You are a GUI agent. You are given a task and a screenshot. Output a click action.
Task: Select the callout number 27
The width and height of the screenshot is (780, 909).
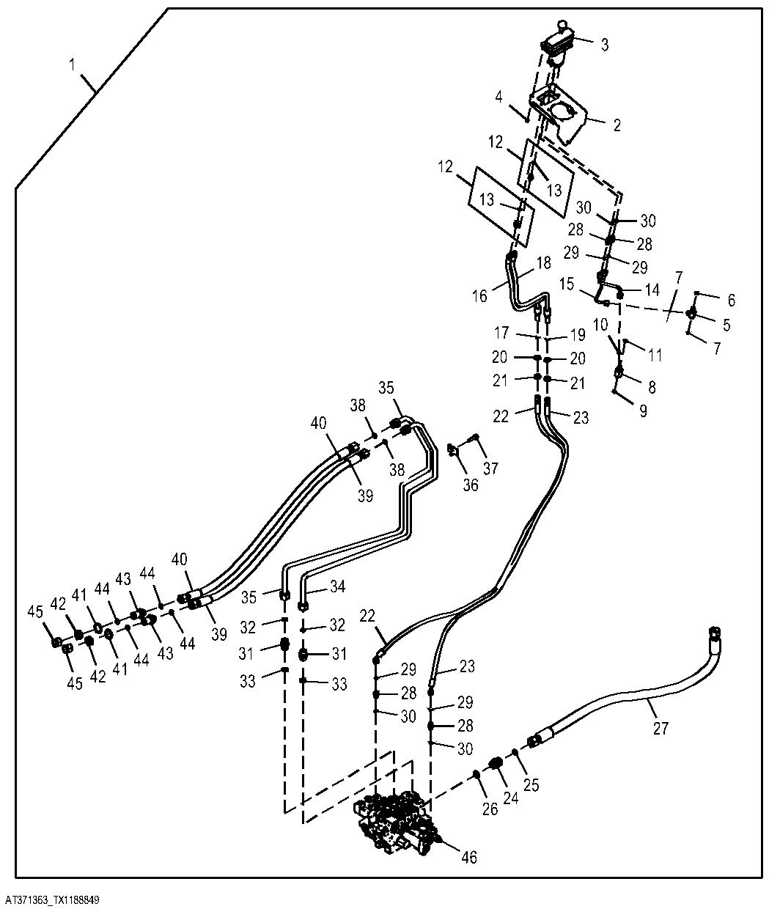[661, 728]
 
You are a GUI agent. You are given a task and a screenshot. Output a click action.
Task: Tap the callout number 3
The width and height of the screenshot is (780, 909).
[605, 45]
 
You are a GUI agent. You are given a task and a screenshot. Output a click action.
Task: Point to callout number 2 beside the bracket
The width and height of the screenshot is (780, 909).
[617, 125]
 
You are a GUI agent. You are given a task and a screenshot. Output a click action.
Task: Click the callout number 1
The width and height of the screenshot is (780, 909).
[72, 65]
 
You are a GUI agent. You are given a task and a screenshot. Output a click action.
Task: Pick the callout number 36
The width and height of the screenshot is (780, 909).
[471, 485]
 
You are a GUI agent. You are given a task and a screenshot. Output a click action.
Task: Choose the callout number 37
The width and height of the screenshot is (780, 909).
[490, 468]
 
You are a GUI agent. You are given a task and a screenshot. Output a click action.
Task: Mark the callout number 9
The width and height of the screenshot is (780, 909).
[643, 411]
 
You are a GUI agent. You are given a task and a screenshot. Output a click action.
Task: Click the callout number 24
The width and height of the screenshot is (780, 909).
[511, 798]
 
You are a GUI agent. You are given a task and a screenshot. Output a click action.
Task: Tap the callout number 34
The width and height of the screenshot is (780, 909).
[338, 586]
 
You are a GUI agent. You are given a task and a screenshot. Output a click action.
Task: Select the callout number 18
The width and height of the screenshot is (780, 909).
[544, 262]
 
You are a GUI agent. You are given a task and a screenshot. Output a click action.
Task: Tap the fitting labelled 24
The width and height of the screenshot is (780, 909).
[496, 762]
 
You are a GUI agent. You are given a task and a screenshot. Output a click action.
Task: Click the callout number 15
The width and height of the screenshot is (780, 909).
[567, 284]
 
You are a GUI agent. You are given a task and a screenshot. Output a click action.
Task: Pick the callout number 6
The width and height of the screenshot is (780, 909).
[731, 301]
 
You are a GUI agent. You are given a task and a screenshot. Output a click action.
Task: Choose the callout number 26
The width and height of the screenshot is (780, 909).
[490, 809]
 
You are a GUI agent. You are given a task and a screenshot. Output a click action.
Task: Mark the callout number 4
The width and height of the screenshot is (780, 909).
[498, 97]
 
